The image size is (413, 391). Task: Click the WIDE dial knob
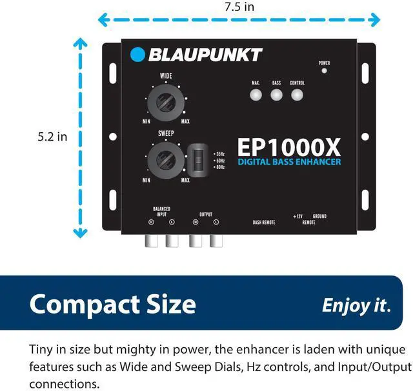pyautogui.click(x=166, y=103)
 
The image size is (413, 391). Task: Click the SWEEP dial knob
pyautogui.click(x=166, y=159)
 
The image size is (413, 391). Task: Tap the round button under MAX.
pyautogui.click(x=256, y=95)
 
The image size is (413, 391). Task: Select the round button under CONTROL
pyautogui.click(x=297, y=95)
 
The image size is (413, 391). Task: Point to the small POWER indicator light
pyautogui.click(x=324, y=70)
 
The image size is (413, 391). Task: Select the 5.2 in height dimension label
pyautogui.click(x=52, y=137)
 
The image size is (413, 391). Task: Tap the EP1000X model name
pyautogui.click(x=289, y=145)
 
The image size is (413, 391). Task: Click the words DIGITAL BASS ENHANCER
pyautogui.click(x=289, y=161)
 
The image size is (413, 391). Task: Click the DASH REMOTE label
pyautogui.click(x=264, y=222)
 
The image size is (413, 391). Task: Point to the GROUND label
pyautogui.click(x=319, y=216)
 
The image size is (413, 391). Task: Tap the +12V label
pyautogui.click(x=297, y=216)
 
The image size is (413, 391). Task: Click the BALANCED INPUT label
pyautogui.click(x=161, y=211)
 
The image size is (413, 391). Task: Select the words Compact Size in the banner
pyautogui.click(x=112, y=303)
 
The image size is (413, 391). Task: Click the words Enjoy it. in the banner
pyautogui.click(x=356, y=305)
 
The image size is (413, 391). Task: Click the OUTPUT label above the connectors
pyautogui.click(x=205, y=214)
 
